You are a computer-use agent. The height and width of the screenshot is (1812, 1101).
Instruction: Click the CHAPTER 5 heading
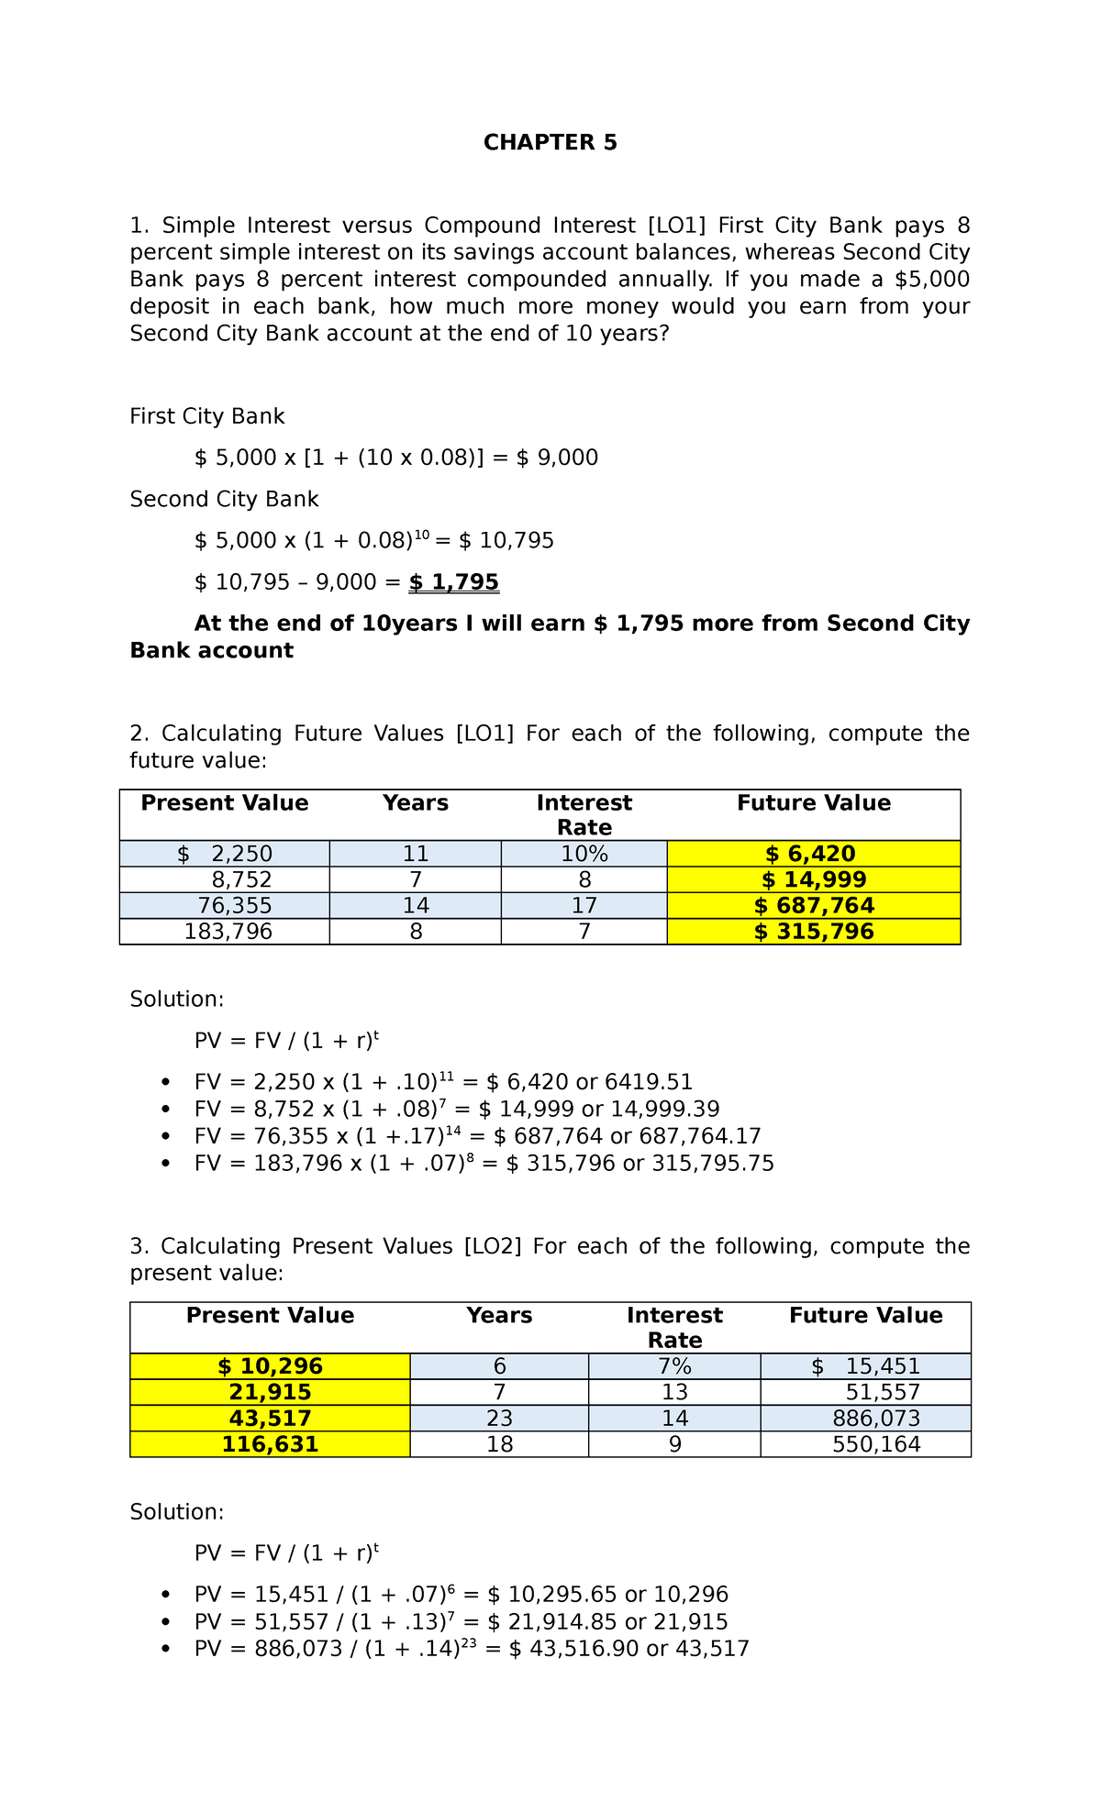pyautogui.click(x=550, y=142)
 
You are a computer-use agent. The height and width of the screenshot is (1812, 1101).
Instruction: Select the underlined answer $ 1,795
pyautogui.click(x=454, y=582)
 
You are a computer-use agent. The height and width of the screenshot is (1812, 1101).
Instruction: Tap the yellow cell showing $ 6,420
pyautogui.click(x=813, y=854)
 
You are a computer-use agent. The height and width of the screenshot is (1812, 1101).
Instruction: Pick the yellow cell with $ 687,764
pyautogui.click(x=813, y=906)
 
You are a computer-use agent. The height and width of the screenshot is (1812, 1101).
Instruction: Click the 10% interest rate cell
pyautogui.click(x=584, y=854)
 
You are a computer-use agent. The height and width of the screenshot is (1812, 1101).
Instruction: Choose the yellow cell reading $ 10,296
pyautogui.click(x=270, y=1366)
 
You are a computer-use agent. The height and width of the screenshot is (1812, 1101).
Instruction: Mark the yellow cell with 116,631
pyautogui.click(x=270, y=1444)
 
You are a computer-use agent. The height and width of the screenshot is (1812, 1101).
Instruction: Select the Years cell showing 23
pyautogui.click(x=499, y=1419)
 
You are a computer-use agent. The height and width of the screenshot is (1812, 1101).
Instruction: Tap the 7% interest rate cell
pyautogui.click(x=674, y=1366)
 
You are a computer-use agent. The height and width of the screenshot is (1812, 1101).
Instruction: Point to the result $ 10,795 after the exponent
pyautogui.click(x=506, y=541)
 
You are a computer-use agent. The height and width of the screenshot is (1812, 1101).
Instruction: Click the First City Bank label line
pyautogui.click(x=207, y=416)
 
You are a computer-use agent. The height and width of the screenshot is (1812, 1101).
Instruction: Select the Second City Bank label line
pyautogui.click(x=224, y=499)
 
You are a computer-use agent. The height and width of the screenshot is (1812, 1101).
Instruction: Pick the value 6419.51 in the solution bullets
pyautogui.click(x=649, y=1082)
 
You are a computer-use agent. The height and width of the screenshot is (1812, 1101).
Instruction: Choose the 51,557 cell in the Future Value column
pyautogui.click(x=882, y=1392)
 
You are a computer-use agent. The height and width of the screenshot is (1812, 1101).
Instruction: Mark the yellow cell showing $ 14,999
pyautogui.click(x=813, y=880)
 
